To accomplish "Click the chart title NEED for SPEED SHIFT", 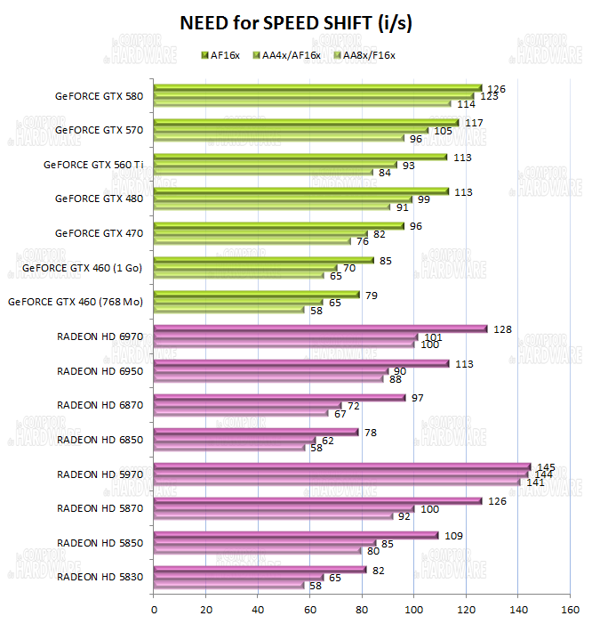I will click(296, 21).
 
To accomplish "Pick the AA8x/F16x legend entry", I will click(362, 55).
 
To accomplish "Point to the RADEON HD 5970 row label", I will click(100, 474).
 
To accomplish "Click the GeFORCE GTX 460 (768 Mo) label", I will click(76, 302).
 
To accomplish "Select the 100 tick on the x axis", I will click(414, 610).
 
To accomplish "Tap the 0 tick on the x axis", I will click(155, 610).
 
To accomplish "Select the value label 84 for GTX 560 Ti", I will click(385, 173).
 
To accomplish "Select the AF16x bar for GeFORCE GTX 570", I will click(306, 122).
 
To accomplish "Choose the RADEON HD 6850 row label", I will click(100, 440).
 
